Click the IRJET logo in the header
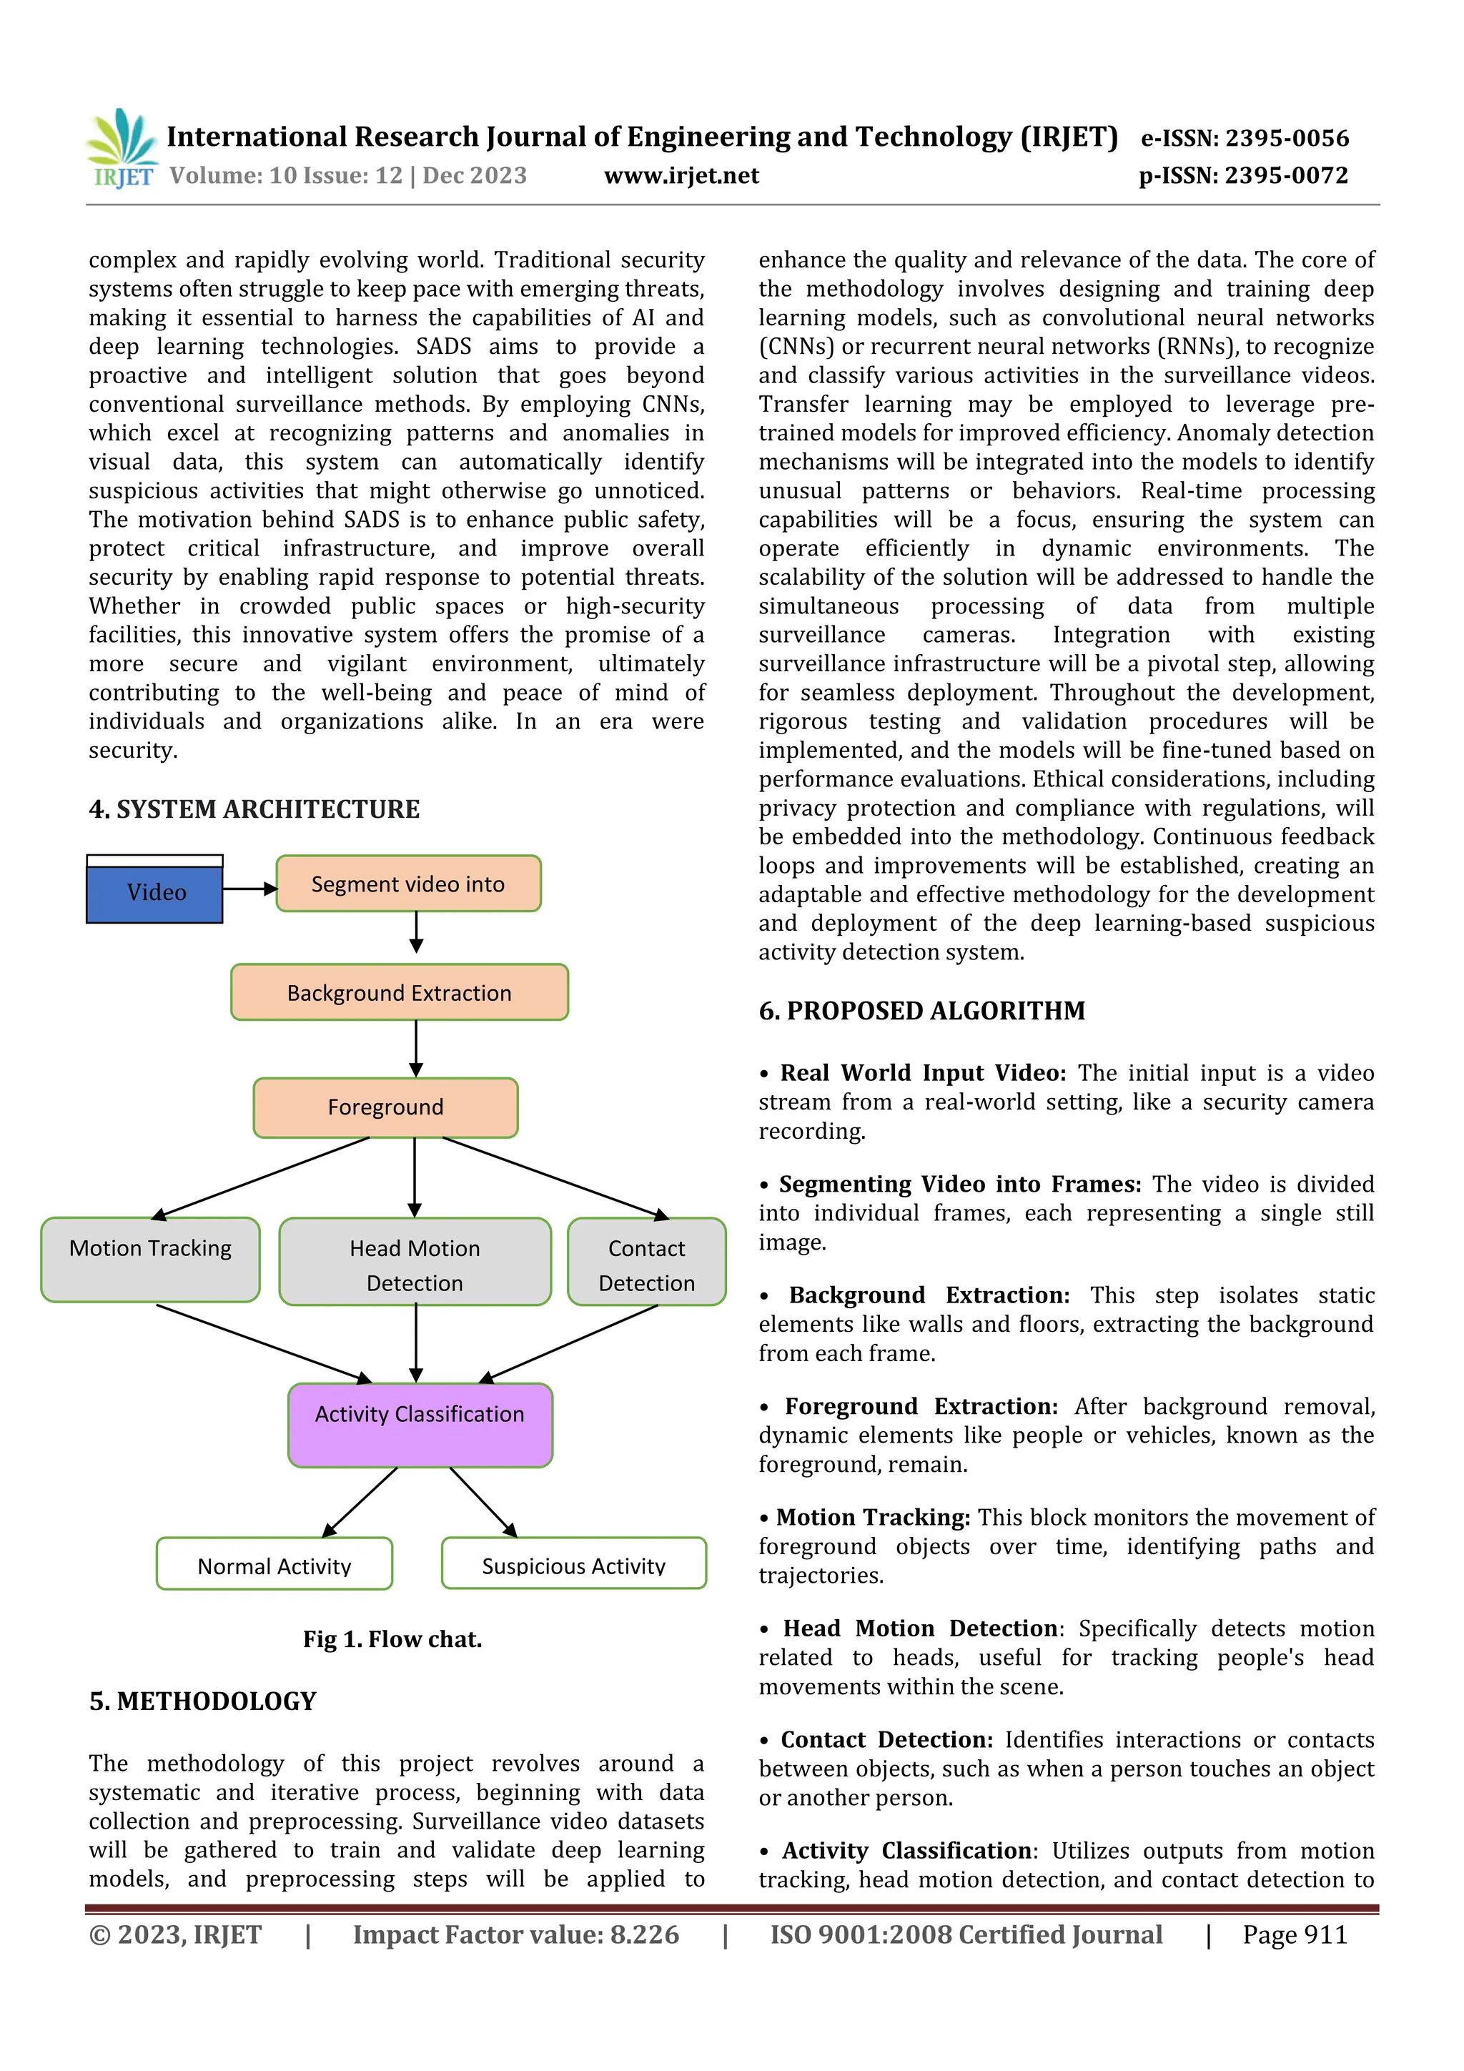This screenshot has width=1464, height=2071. click(x=122, y=148)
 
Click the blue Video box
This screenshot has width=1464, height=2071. click(x=154, y=893)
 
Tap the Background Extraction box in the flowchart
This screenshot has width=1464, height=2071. click(x=399, y=992)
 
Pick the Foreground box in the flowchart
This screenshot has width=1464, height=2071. click(x=385, y=1107)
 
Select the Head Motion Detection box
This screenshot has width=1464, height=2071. click(x=414, y=1262)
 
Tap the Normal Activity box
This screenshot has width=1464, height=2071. click(x=274, y=1563)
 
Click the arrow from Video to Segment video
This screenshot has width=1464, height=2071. click(x=249, y=889)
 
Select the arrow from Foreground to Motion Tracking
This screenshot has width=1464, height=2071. click(x=262, y=1178)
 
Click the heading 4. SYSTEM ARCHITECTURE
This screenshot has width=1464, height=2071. click(x=254, y=809)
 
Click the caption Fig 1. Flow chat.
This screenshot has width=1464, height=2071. click(x=392, y=1639)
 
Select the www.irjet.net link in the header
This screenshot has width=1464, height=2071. click(x=681, y=175)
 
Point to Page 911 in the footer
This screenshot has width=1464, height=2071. click(x=1295, y=1934)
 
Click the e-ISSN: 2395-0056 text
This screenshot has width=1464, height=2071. click(x=1244, y=138)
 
